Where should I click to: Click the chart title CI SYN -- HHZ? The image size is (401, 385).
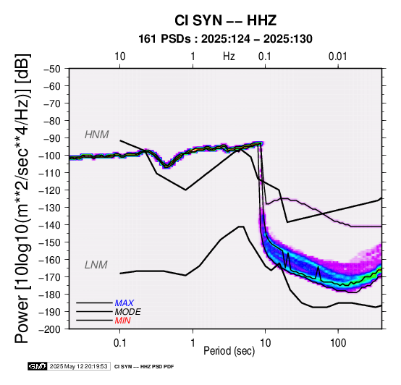[226, 20]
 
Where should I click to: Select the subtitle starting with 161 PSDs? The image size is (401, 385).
[225, 39]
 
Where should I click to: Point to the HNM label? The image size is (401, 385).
[97, 135]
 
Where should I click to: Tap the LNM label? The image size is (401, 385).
[96, 265]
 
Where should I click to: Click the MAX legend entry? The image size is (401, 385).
[124, 303]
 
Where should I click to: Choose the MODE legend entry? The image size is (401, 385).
[127, 312]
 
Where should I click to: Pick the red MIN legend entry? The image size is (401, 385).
[122, 321]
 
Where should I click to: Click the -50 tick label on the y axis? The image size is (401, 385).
[51, 69]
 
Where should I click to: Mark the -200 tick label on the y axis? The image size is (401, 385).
[49, 329]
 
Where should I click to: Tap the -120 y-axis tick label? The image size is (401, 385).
[49, 190]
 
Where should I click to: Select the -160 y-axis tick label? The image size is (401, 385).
[49, 260]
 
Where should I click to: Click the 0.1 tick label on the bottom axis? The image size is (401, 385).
[119, 343]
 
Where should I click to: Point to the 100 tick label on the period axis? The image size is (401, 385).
[338, 343]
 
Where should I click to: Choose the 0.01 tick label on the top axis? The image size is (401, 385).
[338, 56]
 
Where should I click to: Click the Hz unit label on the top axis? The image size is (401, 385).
[229, 56]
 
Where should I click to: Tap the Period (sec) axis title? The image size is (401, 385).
[229, 351]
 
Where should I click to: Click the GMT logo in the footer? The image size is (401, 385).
[38, 366]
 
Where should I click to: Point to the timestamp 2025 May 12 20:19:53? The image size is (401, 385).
[78, 366]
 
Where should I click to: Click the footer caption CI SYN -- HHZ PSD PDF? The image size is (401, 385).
[144, 367]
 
